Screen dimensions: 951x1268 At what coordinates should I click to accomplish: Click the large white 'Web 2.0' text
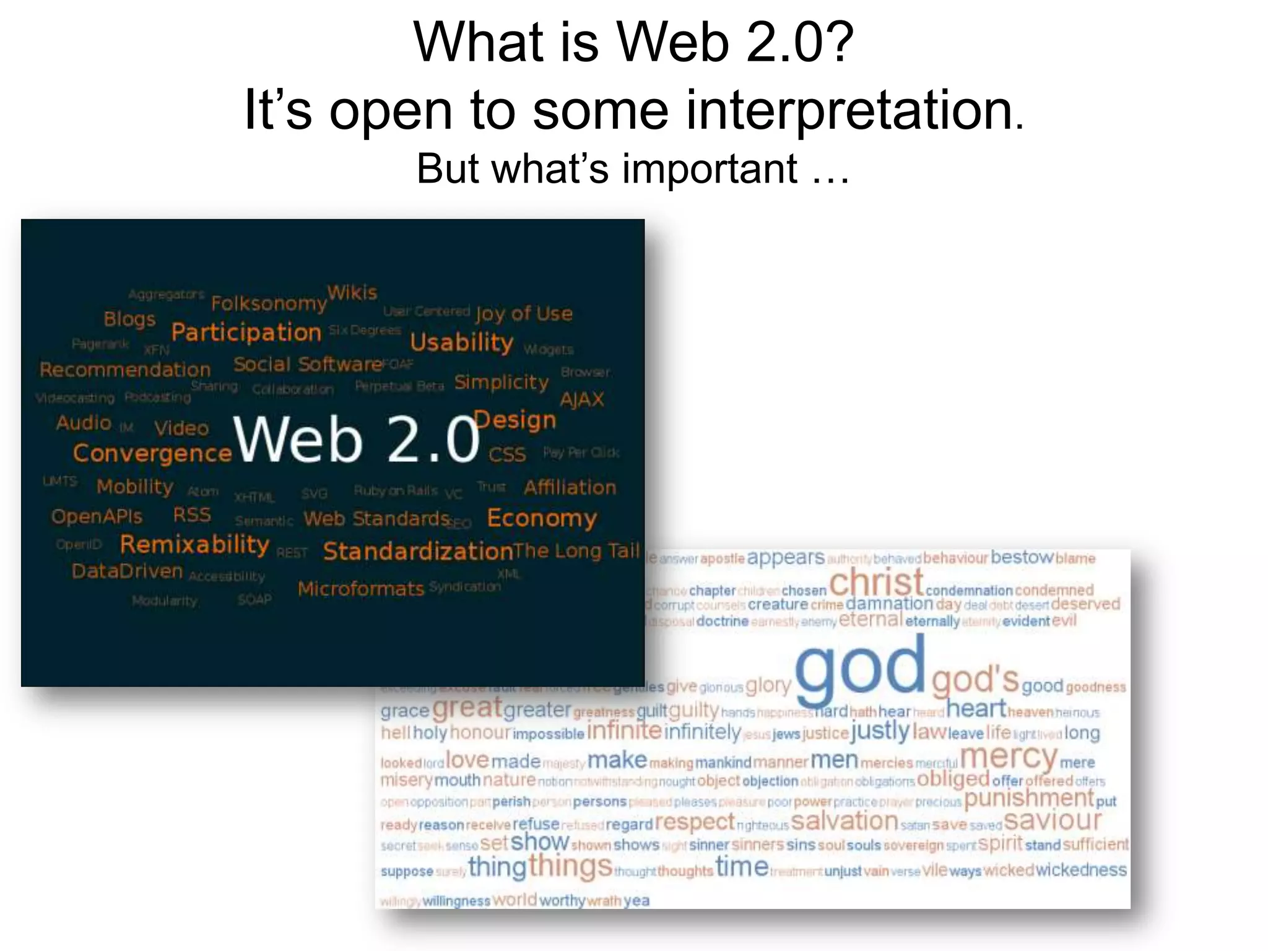357,439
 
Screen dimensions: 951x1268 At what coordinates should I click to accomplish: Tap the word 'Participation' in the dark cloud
246,333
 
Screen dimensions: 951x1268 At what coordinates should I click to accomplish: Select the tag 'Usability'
462,342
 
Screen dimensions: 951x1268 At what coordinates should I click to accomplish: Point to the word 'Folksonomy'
268,303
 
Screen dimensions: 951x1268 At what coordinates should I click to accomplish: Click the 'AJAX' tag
581,400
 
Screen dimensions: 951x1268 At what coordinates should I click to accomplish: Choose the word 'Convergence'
152,454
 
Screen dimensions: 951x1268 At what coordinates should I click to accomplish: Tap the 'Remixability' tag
194,545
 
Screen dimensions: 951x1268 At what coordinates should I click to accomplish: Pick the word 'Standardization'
418,551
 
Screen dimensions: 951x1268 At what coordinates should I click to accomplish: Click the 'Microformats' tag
361,589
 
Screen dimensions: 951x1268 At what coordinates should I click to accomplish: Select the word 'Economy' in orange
542,518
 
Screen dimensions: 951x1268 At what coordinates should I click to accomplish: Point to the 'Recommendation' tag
125,370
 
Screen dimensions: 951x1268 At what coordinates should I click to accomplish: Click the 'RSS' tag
192,515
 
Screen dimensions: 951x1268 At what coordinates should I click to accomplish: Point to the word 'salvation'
845,822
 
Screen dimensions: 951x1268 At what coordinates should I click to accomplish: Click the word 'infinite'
624,732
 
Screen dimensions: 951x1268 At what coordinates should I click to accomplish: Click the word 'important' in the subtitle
710,168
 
